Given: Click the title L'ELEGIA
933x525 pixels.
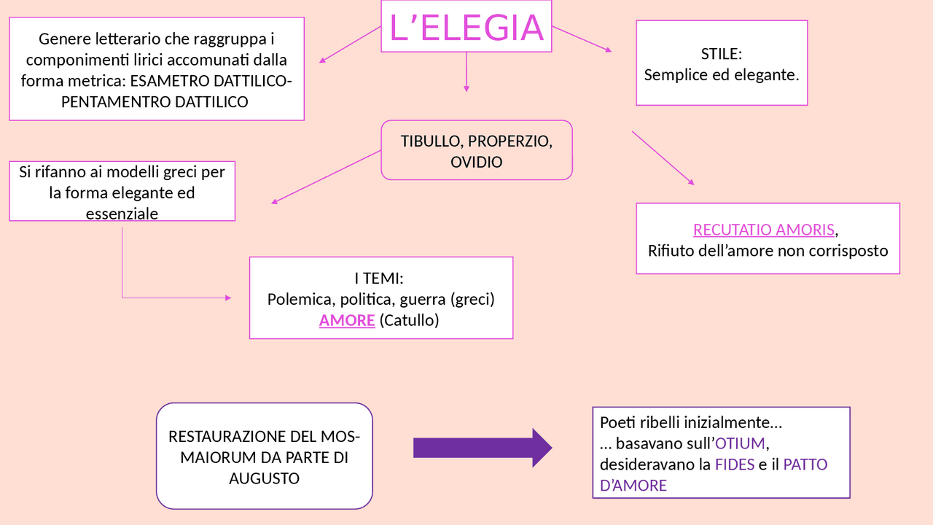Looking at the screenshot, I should pos(466,28).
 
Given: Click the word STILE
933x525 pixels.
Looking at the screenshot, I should pos(721,54).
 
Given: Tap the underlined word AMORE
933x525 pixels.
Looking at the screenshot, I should pos(347,320).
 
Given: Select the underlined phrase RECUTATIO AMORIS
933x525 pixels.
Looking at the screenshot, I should pos(763,230).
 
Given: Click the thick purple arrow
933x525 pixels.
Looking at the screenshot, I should pos(483,448).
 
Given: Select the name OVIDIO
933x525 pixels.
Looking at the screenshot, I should pos(477,162).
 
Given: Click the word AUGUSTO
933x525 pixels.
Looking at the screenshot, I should pos(264,479).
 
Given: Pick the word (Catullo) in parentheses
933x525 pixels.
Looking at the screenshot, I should pos(409,320).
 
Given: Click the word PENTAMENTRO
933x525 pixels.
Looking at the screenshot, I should pos(116,102).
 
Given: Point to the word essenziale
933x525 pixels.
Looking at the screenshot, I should pos(122,214).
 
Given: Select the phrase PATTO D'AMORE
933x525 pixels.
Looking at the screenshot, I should pos(805,464).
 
